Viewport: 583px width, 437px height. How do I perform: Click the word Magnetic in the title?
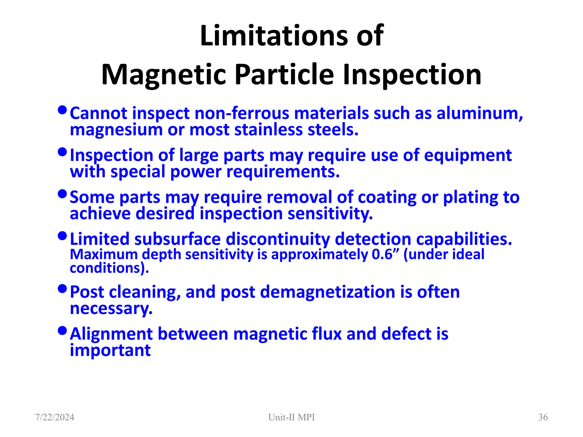[164, 75]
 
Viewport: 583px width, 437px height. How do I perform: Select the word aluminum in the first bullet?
[479, 113]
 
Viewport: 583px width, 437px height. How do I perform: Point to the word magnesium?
[116, 130]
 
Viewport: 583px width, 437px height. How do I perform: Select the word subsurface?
[177, 239]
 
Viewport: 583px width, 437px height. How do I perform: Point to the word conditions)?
[109, 268]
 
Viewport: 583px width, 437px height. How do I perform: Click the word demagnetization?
[328, 292]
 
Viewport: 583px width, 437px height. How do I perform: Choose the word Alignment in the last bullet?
[111, 334]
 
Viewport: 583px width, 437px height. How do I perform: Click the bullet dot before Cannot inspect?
[62, 110]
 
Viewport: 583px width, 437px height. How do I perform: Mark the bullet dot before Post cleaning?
[62, 289]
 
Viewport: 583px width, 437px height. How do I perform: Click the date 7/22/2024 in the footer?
[55, 417]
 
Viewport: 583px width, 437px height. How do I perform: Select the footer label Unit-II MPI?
[291, 417]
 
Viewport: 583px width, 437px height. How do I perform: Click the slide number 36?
[543, 417]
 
